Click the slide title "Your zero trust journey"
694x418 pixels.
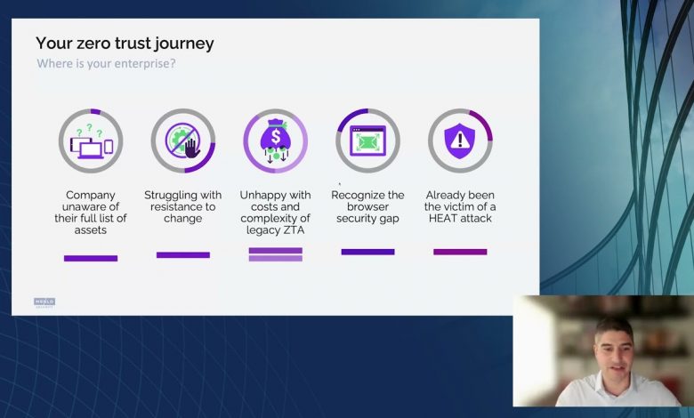[x=125, y=44]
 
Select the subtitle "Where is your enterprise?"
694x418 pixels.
[x=106, y=64]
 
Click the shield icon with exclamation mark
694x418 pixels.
[x=460, y=141]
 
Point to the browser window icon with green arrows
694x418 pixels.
[x=367, y=141]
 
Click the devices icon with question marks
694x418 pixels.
[x=91, y=141]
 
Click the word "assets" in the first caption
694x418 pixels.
[x=90, y=230]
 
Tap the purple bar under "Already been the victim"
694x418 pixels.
[x=460, y=252]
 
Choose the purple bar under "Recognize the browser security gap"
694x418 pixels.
[x=367, y=252]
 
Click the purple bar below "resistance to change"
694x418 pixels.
[x=183, y=254]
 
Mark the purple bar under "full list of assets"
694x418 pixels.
[x=91, y=258]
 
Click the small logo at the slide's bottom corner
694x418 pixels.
[x=44, y=302]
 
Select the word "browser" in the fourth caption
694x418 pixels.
[x=367, y=206]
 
